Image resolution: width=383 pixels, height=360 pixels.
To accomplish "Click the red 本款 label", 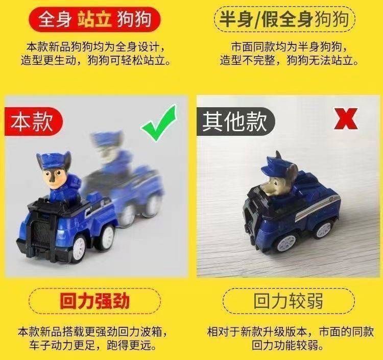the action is point(33,122).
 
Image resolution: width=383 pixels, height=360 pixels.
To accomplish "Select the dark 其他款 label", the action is point(235,122).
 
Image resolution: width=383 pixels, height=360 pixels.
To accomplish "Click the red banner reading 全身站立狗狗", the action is point(94,19).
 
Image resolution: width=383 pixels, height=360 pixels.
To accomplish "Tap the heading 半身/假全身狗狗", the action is point(284,19).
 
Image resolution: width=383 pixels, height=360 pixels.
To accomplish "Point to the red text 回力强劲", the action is point(94,301).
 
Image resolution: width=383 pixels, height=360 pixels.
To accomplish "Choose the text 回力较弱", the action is point(289,301).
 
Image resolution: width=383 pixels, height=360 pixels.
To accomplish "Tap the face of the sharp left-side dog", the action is point(53,179).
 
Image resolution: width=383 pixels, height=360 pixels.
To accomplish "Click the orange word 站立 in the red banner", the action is point(94,19).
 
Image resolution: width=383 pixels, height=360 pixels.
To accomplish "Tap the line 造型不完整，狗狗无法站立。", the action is point(289,60).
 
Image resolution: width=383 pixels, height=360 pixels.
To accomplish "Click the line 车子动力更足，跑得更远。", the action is point(93,345).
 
